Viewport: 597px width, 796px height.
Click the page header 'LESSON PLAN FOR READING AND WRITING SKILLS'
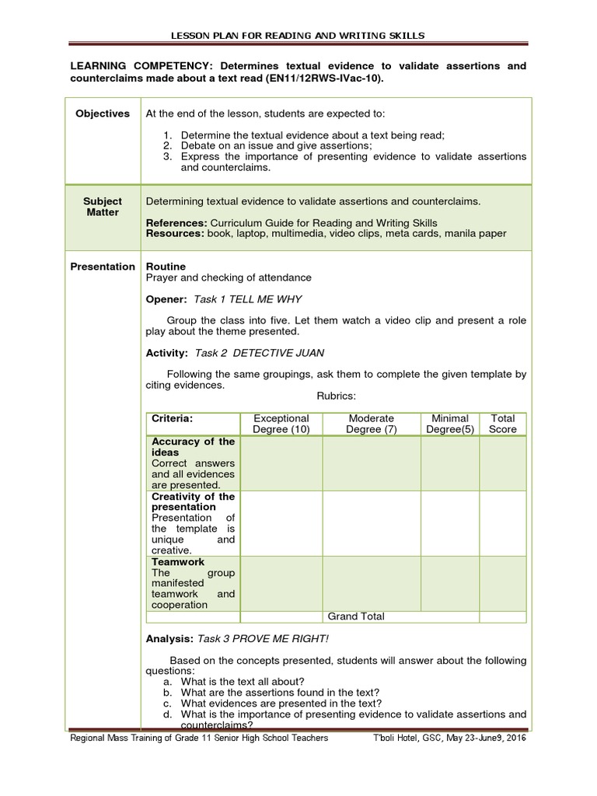tap(298, 35)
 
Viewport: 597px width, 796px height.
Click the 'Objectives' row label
tap(103, 113)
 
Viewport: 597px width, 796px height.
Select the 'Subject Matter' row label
tap(103, 207)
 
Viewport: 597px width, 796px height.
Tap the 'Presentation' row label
tap(103, 267)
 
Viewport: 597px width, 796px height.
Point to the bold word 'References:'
tap(177, 223)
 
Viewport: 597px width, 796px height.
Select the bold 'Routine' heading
tap(166, 267)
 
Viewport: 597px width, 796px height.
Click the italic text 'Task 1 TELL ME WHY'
tap(248, 299)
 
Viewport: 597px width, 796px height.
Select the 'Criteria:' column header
tap(172, 418)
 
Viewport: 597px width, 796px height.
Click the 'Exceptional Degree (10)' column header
tap(281, 424)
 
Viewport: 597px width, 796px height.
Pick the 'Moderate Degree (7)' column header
tap(372, 424)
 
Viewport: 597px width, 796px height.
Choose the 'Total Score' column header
tap(502, 424)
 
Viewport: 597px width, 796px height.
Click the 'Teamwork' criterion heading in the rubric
tap(178, 561)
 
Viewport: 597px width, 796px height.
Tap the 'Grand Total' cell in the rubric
tap(356, 616)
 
